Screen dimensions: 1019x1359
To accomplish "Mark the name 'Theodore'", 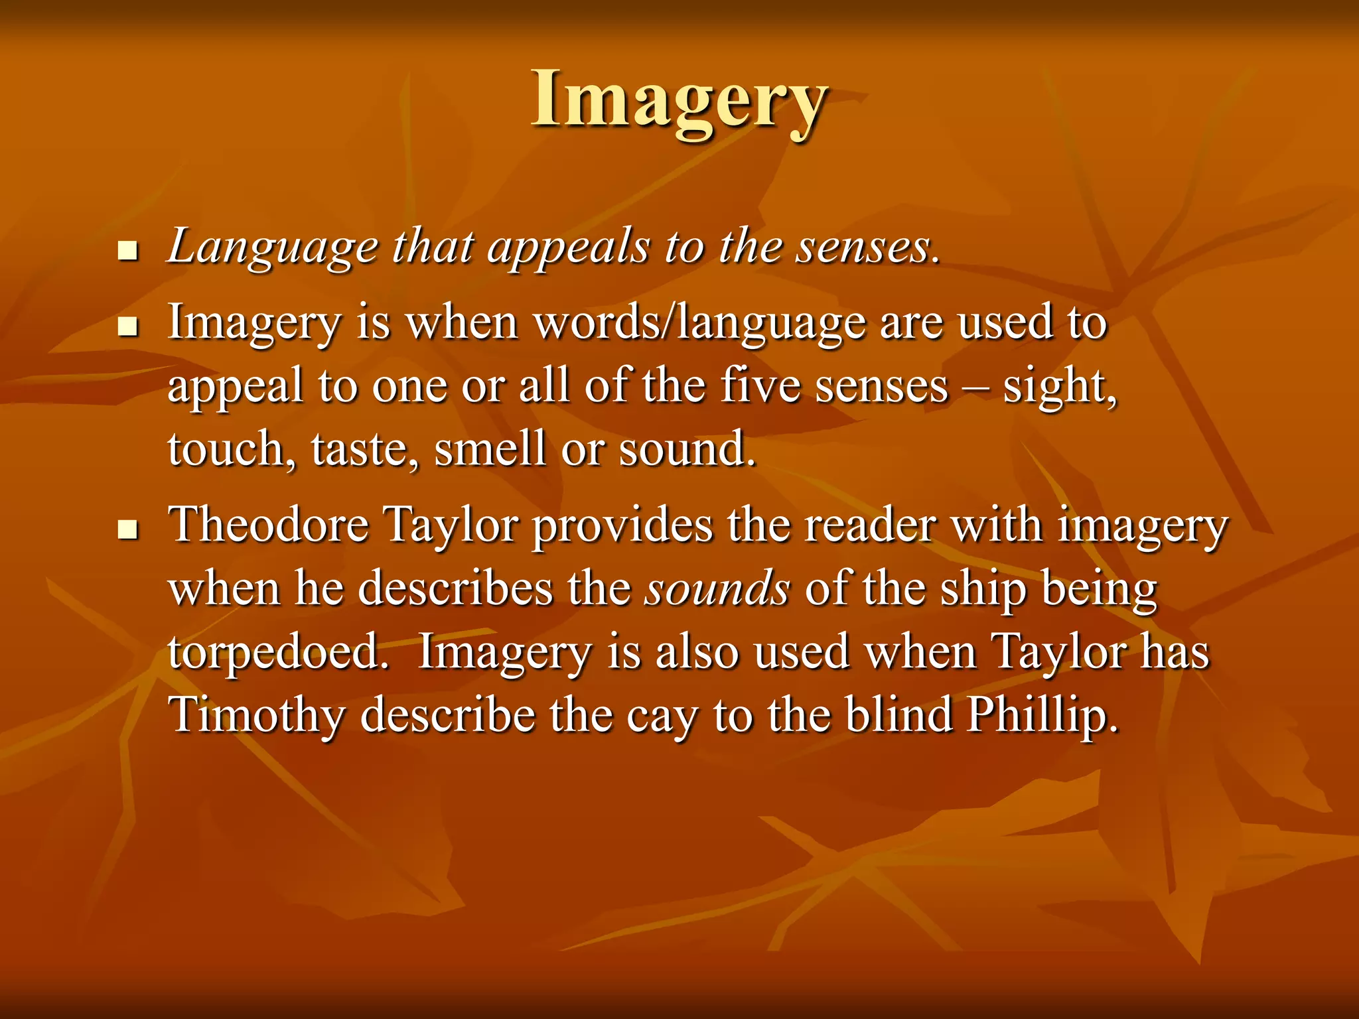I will tap(269, 525).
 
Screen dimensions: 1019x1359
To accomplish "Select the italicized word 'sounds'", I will tap(717, 589).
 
